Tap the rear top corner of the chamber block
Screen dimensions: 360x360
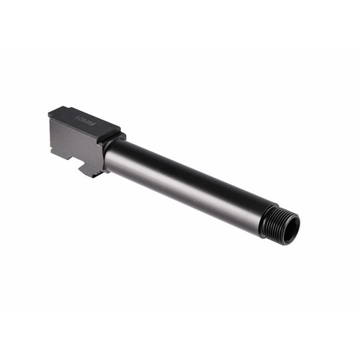50,112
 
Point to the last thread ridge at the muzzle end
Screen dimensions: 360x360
287,228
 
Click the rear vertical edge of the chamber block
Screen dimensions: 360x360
50,130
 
